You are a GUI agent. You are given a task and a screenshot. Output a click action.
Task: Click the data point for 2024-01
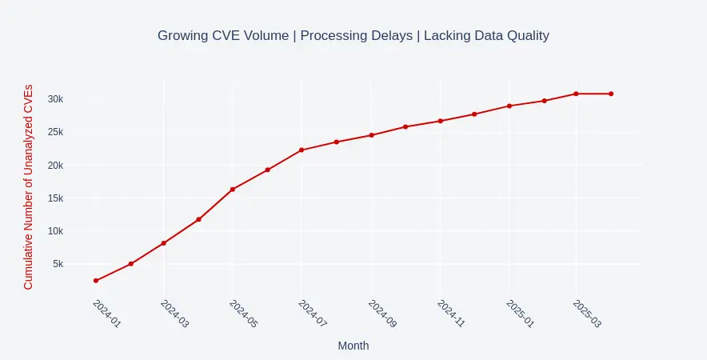coord(96,281)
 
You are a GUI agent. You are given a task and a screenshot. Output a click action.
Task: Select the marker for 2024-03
coord(164,243)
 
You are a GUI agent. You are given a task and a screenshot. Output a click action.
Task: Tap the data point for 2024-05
coord(233,190)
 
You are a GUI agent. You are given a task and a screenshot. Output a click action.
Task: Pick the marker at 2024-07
coord(302,150)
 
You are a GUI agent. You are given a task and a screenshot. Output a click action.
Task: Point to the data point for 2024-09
coord(371,135)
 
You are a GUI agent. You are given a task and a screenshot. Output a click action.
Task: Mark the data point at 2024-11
coord(440,121)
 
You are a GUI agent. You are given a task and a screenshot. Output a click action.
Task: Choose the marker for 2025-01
coord(509,106)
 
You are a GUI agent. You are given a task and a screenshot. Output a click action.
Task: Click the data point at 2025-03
coord(576,94)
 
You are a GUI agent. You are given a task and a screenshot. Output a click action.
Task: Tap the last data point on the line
coord(611,94)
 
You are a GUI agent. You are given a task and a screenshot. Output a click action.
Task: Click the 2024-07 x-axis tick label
coord(312,315)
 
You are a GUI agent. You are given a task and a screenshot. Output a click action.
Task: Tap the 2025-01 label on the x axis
coord(519,315)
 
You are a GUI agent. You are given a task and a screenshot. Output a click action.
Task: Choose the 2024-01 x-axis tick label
coord(106,315)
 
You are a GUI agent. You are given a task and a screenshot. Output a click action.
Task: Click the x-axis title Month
coord(353,346)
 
